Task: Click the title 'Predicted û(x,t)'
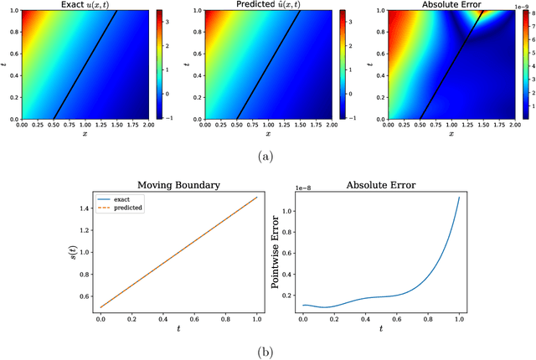pyautogui.click(x=262, y=5)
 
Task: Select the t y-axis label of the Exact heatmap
pyautogui.click(x=5, y=64)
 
